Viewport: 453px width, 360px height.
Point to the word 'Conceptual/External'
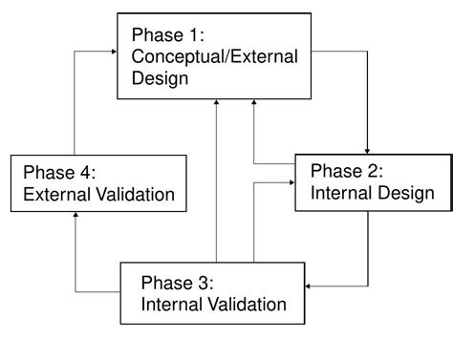pyautogui.click(x=215, y=57)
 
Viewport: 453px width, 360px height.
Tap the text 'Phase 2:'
pyautogui.click(x=346, y=172)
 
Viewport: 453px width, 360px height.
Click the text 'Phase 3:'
pyautogui.click(x=176, y=283)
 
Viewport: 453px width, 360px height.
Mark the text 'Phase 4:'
pyautogui.click(x=57, y=173)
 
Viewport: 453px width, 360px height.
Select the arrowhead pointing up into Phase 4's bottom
pyautogui.click(x=75, y=218)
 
